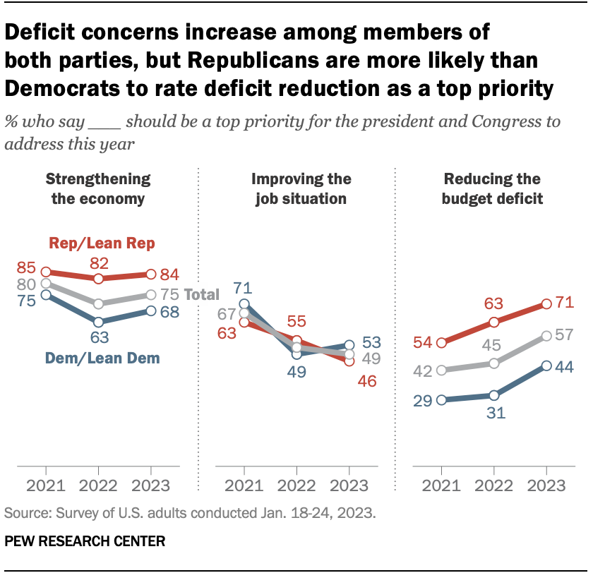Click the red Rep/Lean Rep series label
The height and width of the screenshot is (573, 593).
click(x=102, y=243)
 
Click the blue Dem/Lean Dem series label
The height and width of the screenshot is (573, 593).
click(x=102, y=358)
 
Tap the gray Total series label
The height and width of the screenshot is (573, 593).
click(x=202, y=295)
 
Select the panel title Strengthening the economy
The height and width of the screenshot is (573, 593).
click(x=98, y=188)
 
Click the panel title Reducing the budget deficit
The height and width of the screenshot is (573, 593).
click(x=492, y=188)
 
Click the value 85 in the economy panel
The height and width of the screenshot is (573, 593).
click(x=26, y=269)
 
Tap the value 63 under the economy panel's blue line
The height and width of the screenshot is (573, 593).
click(x=98, y=338)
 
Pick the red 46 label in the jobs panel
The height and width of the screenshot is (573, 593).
click(x=366, y=381)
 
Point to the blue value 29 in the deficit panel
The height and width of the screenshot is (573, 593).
click(x=422, y=400)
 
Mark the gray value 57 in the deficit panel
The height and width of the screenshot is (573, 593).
click(x=565, y=337)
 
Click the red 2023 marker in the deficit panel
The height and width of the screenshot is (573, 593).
click(x=546, y=304)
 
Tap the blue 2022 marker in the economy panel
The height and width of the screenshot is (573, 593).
click(x=98, y=321)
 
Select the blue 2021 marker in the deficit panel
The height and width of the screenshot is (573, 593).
click(x=441, y=400)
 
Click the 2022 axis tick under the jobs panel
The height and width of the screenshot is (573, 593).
click(x=296, y=486)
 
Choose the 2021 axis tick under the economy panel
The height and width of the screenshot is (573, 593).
click(x=46, y=486)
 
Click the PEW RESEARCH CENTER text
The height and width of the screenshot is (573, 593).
click(x=85, y=542)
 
